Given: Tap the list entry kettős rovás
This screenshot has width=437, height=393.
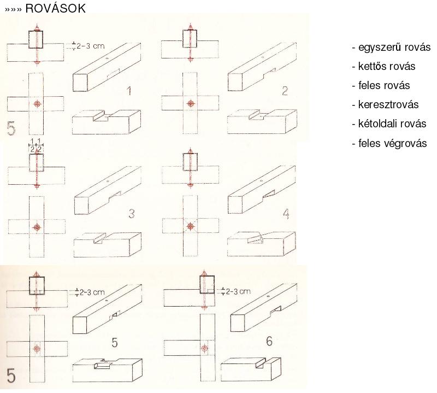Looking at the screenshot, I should [x=384, y=66].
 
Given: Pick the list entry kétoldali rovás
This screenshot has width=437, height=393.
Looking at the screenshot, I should [x=389, y=124].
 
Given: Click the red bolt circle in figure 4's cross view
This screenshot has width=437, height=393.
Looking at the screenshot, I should [x=191, y=226].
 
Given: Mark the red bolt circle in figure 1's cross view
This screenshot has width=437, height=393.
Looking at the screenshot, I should [x=37, y=103].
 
